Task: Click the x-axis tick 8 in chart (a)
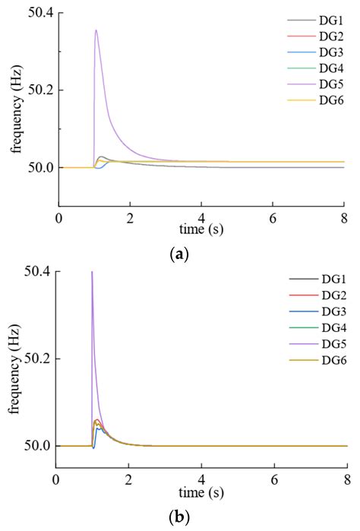click(346, 218)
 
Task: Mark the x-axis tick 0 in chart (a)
click(58, 218)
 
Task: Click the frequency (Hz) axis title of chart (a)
click(15, 109)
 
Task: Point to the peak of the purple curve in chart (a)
click(96, 30)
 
